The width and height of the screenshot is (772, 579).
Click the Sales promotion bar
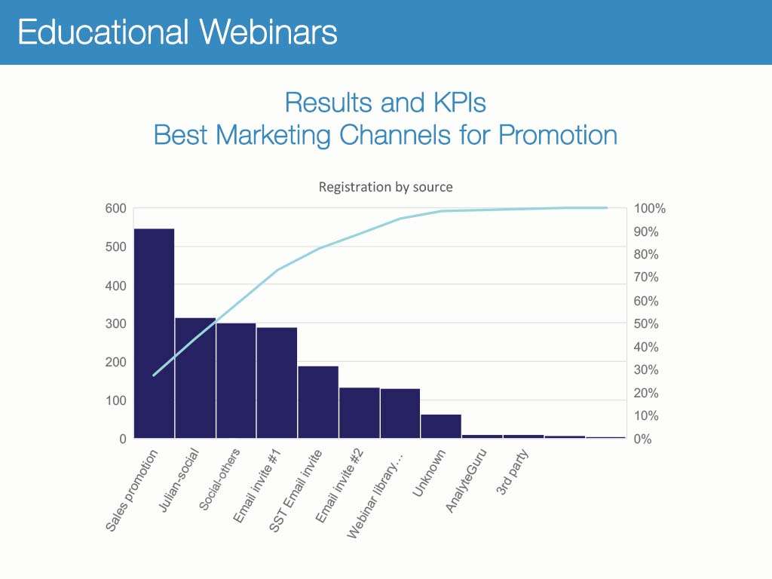click(154, 332)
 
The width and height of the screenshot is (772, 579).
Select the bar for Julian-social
click(195, 377)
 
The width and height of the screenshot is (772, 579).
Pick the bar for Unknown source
click(440, 426)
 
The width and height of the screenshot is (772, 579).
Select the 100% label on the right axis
click(649, 209)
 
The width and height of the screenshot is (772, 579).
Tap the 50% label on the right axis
click(646, 323)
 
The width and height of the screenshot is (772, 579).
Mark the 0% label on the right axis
click(643, 439)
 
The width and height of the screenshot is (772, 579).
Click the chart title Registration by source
click(385, 186)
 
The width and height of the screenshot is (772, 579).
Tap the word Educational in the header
click(103, 32)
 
